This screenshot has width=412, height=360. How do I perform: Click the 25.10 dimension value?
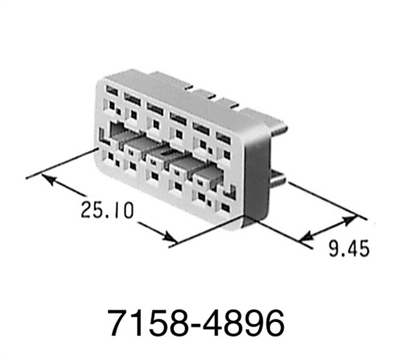(x=108, y=209)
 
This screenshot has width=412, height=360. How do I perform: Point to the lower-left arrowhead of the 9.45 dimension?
(x=307, y=238)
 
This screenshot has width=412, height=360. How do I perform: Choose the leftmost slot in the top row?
(x=113, y=91)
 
